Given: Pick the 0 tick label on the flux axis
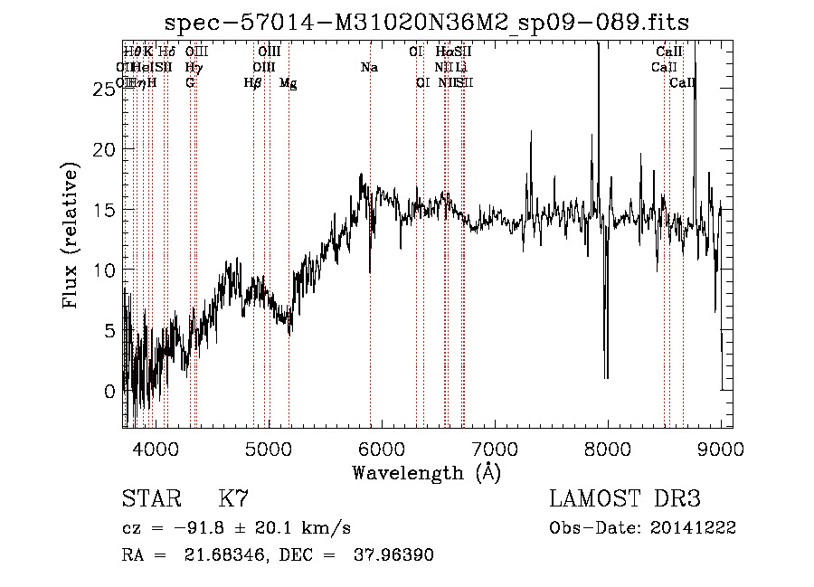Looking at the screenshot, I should tap(111, 392).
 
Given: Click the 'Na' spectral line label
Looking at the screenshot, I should tap(369, 68).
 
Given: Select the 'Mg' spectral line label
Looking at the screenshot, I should tap(288, 83).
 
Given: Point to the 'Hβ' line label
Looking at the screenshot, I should tap(253, 83).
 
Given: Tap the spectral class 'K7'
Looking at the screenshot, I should tap(233, 499).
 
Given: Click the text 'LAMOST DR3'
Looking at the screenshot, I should tap(625, 499).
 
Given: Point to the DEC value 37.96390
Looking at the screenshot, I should tap(393, 555).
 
